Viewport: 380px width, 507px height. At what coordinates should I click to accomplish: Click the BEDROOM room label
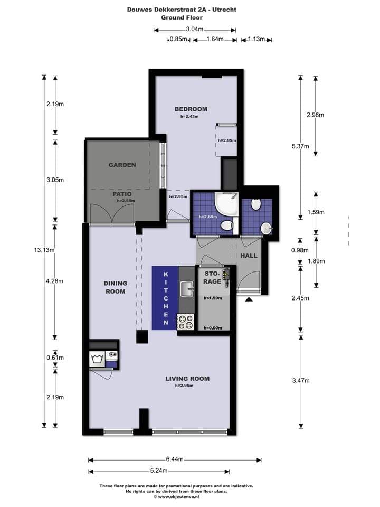click(191, 109)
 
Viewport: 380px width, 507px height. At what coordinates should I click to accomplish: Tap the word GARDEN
click(122, 165)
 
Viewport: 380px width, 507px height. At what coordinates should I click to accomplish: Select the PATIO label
click(122, 194)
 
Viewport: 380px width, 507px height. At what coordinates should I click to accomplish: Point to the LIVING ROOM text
click(187, 378)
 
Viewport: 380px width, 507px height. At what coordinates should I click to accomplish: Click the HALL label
click(249, 256)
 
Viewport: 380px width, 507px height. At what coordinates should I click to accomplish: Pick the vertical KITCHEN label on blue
click(165, 298)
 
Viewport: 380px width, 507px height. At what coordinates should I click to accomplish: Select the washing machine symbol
click(97, 359)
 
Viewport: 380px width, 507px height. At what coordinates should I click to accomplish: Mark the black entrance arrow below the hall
click(249, 300)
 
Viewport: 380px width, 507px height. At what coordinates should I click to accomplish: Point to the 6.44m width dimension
click(174, 459)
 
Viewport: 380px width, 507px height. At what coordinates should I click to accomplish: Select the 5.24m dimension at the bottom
click(158, 471)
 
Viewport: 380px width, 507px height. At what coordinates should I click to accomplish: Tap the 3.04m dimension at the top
click(195, 30)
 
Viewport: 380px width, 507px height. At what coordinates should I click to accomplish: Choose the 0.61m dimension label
click(55, 358)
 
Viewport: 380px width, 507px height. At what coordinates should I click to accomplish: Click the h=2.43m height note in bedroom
click(189, 117)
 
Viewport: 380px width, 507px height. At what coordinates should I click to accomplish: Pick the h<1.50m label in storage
click(212, 298)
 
